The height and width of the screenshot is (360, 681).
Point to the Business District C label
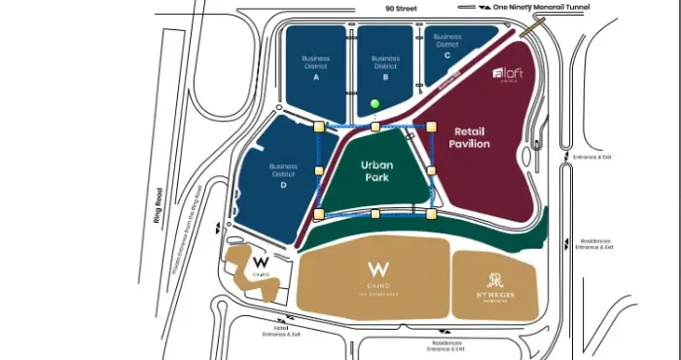448,44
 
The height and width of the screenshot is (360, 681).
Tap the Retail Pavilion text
469,137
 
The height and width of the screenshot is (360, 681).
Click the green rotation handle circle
376,103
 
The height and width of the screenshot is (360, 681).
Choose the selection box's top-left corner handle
319,126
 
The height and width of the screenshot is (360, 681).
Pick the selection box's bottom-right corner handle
431,212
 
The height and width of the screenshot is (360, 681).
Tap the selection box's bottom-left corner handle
319,213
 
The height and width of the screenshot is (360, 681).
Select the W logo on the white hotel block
260,263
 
